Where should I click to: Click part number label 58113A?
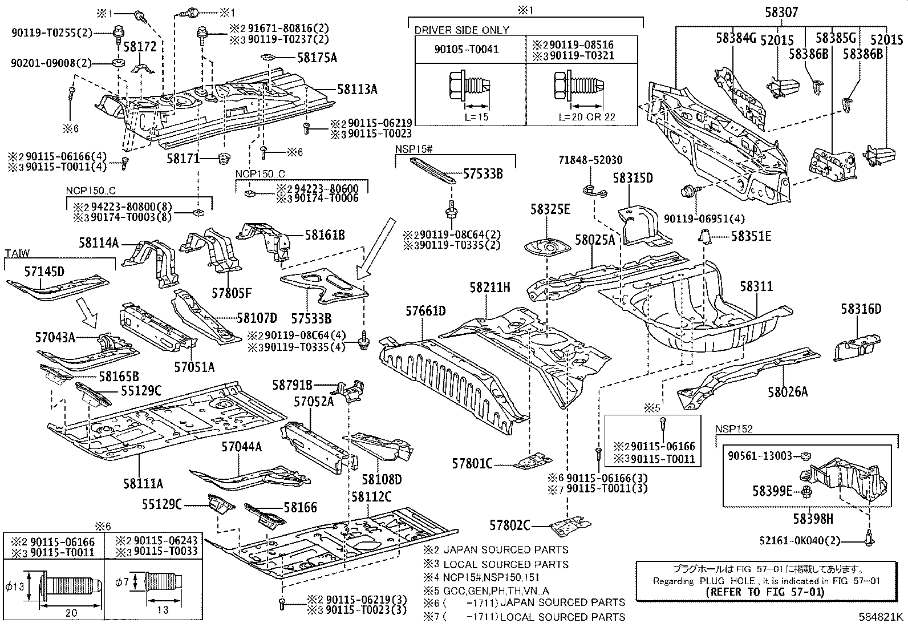357,89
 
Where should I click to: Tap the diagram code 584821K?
882,617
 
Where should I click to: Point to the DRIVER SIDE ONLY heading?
461,30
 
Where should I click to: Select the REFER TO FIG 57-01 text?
765,592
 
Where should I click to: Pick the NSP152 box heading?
733,429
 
